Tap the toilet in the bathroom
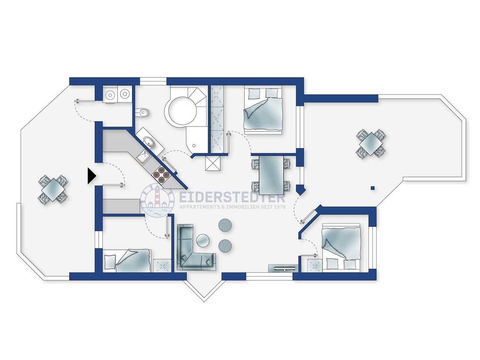coord(142,113)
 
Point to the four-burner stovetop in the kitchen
coord(161,175)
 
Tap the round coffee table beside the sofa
coord(202,240)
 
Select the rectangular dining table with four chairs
coord(271,175)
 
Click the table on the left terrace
coord(53,190)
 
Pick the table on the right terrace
coord(371,143)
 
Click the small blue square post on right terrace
coord(373,188)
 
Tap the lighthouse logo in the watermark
coord(157,200)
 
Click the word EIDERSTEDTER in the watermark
coord(232,198)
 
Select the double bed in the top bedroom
coord(262,110)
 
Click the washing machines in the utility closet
coord(117,93)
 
